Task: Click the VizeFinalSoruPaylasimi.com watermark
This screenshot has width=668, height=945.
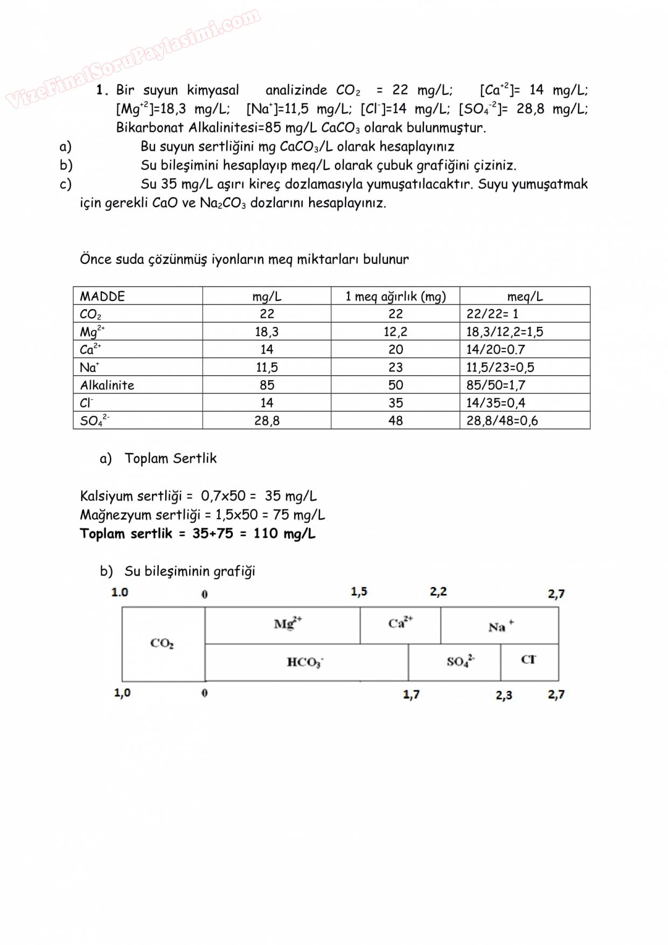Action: tap(133, 58)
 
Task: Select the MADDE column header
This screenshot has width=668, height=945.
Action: tap(102, 296)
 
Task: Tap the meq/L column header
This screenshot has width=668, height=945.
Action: tap(525, 296)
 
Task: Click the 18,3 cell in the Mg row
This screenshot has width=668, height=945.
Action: tap(267, 332)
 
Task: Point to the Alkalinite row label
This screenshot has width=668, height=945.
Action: tap(107, 385)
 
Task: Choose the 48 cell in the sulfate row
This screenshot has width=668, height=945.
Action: tap(395, 421)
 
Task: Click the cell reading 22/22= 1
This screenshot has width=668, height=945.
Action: tap(492, 314)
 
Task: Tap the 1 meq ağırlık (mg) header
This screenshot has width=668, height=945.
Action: tap(395, 296)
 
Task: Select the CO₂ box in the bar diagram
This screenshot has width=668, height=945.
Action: tap(162, 643)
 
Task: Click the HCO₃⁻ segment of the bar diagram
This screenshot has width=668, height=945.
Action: tap(305, 662)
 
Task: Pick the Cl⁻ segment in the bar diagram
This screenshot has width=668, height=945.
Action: tap(528, 660)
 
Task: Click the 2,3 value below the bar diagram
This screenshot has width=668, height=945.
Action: tap(504, 695)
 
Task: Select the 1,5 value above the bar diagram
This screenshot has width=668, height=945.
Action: tap(359, 592)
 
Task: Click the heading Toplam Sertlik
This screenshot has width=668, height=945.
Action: tap(170, 458)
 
